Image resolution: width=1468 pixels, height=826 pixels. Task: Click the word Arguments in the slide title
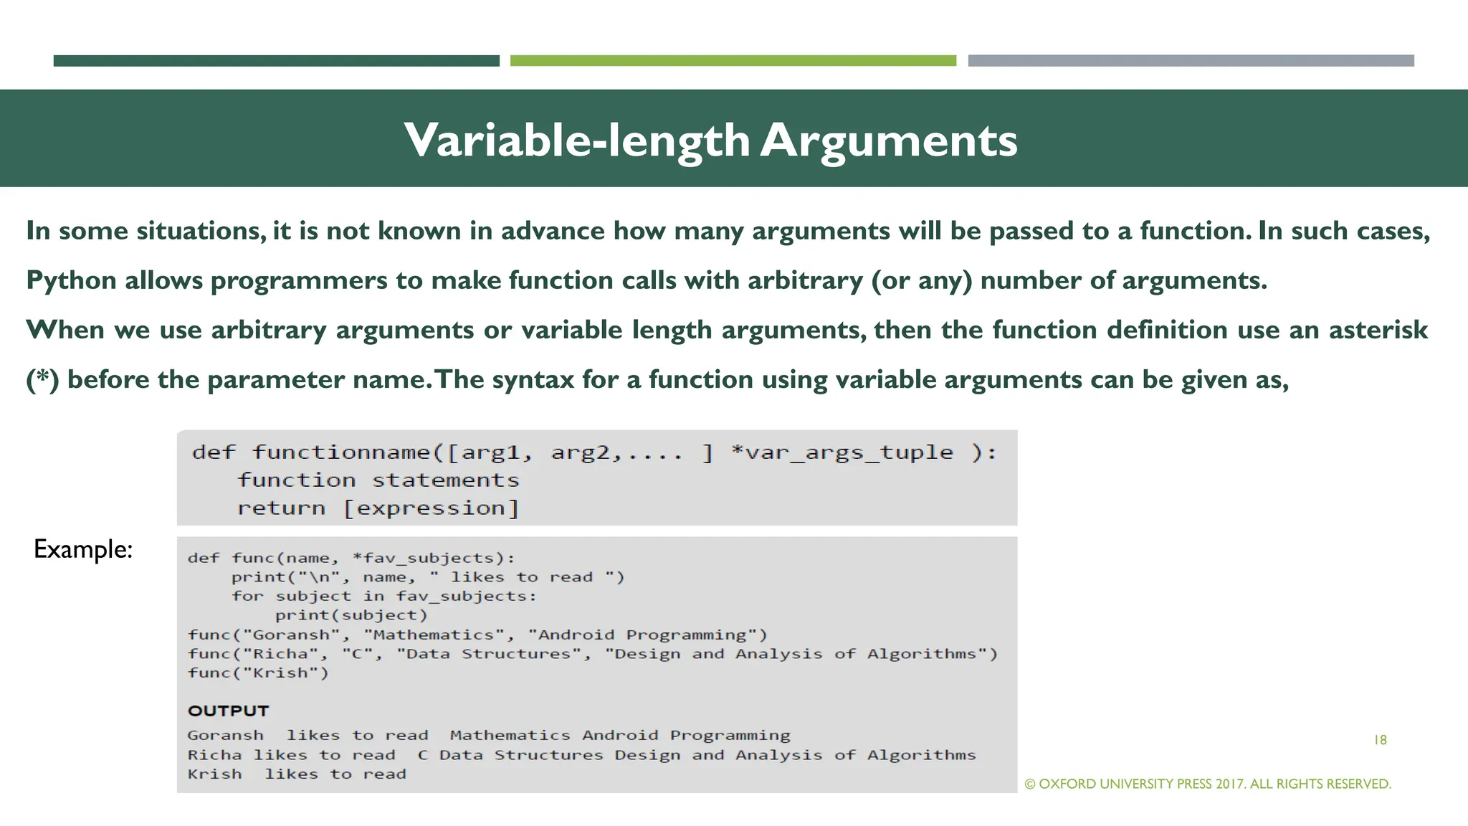tap(889, 141)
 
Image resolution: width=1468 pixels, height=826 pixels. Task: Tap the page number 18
tap(1380, 740)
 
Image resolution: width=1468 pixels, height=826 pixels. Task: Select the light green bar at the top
tap(733, 61)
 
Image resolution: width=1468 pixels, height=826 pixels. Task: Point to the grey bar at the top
tap(1191, 61)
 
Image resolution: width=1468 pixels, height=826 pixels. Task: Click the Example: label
tap(83, 549)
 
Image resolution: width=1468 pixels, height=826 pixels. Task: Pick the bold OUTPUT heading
tap(228, 711)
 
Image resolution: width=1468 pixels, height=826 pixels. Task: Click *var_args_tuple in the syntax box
tap(842, 452)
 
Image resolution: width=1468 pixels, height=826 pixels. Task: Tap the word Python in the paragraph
tap(71, 280)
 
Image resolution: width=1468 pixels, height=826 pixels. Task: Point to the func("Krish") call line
tap(258, 673)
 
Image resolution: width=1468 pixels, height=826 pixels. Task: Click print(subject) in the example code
tap(351, 615)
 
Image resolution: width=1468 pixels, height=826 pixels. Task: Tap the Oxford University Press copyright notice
tap(1208, 784)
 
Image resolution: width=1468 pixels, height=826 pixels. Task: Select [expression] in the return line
tap(431, 508)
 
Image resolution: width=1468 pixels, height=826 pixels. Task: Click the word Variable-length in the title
tap(576, 141)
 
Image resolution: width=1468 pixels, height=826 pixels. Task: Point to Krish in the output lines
tap(214, 774)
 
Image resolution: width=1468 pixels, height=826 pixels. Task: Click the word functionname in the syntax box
tap(341, 452)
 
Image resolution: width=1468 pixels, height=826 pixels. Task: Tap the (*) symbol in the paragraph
tap(42, 379)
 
